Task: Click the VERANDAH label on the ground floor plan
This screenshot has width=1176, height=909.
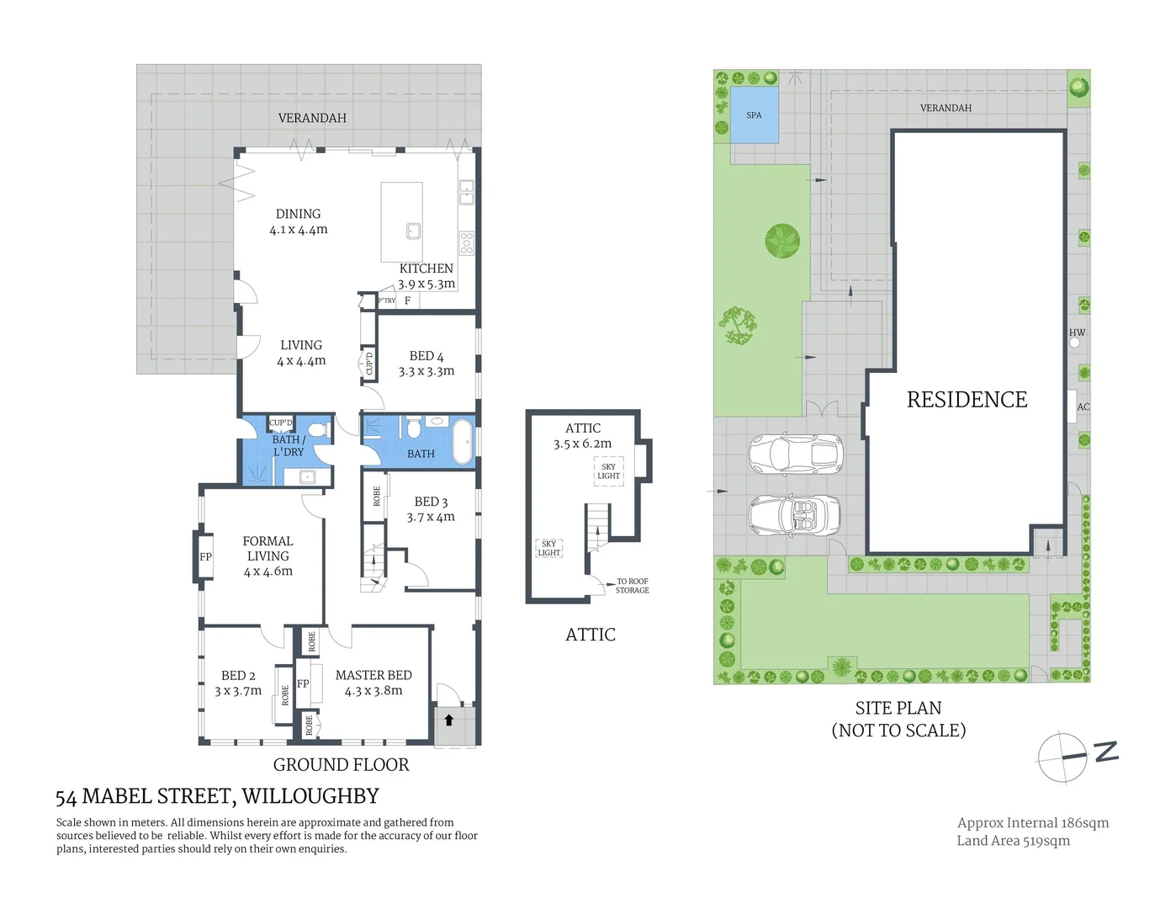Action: [x=312, y=118]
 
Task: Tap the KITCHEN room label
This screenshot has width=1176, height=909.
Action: [x=426, y=268]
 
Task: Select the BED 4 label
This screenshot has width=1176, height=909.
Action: [x=426, y=356]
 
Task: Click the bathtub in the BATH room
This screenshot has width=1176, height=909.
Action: [x=463, y=441]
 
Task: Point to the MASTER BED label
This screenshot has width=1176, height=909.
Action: [x=373, y=675]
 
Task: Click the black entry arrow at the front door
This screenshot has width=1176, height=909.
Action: [x=449, y=720]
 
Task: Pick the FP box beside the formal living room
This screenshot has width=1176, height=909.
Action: [x=205, y=557]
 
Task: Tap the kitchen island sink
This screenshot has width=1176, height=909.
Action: [x=412, y=231]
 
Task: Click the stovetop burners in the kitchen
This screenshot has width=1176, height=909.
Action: [x=466, y=243]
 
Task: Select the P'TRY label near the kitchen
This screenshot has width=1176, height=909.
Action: [x=386, y=300]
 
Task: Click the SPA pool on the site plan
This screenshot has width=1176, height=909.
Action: [x=754, y=115]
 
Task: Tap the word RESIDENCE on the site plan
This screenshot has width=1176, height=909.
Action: [x=967, y=400]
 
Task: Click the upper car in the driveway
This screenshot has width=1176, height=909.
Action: [x=795, y=454]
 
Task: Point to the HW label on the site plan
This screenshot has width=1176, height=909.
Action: [x=1077, y=332]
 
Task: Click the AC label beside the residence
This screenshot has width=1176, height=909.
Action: [x=1083, y=407]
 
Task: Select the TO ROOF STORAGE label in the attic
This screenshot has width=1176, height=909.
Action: [x=632, y=586]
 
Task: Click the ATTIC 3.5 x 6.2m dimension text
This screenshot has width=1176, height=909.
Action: [x=582, y=444]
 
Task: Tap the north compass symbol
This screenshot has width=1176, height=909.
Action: [x=1064, y=757]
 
